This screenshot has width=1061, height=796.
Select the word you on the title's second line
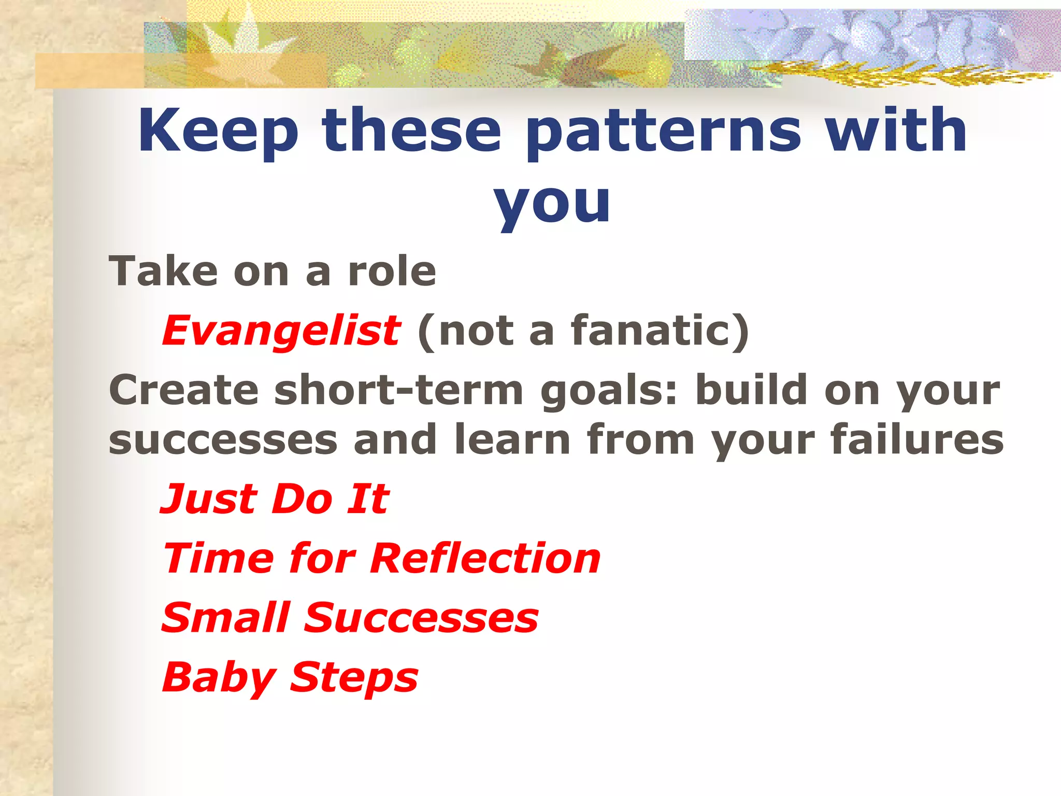tap(552, 203)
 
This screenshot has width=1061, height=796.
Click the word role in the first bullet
tap(392, 271)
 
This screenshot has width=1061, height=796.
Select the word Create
tap(183, 390)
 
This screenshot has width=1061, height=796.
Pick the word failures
tap(916, 439)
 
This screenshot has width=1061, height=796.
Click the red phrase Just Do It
tap(275, 499)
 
